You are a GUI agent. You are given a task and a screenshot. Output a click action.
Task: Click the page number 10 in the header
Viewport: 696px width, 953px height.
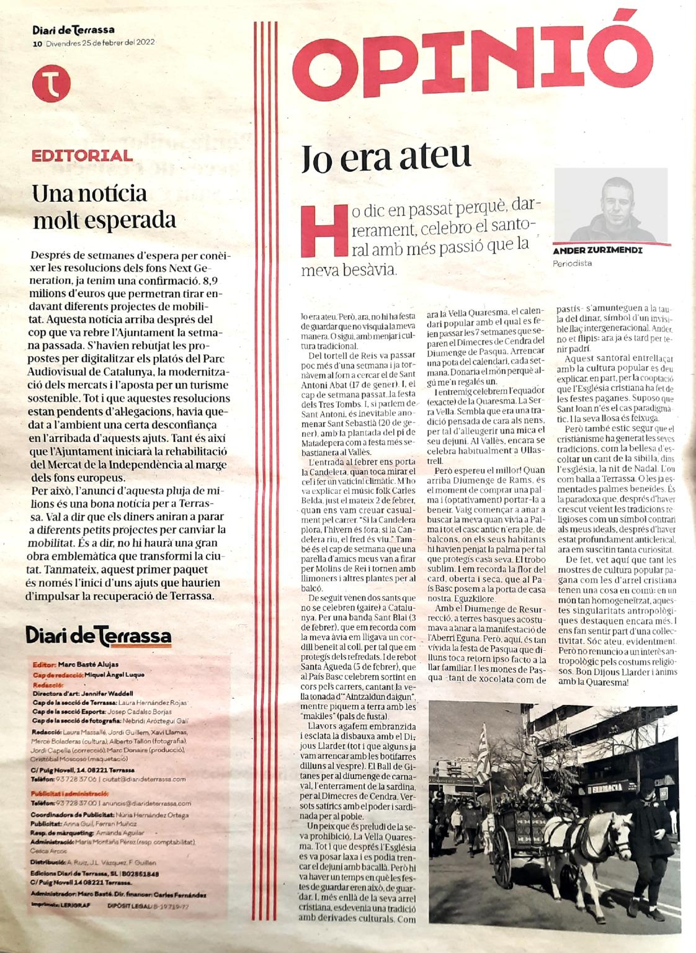(x=37, y=43)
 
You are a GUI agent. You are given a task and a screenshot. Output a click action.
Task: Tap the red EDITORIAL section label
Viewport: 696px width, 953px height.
(x=83, y=155)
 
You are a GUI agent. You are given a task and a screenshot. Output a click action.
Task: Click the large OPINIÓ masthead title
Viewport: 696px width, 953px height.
(x=456, y=57)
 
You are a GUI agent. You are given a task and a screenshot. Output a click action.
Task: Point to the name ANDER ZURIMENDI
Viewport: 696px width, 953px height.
(x=596, y=251)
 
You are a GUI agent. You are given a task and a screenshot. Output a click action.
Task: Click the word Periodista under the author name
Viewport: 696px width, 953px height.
(x=572, y=263)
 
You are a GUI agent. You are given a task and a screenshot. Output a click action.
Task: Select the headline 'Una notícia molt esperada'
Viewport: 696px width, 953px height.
(x=104, y=207)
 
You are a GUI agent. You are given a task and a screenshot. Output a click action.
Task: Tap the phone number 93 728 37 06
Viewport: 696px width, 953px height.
(x=75, y=779)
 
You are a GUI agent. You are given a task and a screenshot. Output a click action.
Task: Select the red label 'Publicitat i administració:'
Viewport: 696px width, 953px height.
(x=70, y=793)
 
